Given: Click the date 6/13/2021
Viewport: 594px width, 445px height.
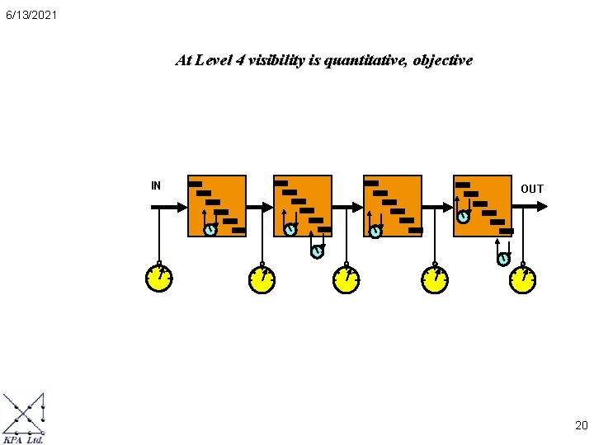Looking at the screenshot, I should [31, 15].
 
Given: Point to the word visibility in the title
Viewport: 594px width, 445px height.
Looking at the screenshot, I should [279, 60].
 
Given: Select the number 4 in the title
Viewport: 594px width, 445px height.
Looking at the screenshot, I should [239, 60].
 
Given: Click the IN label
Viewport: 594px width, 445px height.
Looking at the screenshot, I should [156, 185].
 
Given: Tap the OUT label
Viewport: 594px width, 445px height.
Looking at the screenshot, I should [532, 189].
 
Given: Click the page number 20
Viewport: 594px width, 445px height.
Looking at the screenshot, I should [581, 425].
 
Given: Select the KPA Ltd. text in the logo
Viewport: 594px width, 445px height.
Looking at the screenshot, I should [24, 439].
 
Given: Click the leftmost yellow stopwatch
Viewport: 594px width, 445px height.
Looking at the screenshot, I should [158, 279].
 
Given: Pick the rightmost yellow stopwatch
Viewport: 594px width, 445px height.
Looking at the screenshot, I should [522, 280].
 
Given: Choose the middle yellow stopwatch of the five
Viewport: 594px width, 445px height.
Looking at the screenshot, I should [346, 280].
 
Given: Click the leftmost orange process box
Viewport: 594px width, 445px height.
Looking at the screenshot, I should [217, 205].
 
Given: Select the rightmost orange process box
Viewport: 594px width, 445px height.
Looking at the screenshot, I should [483, 205].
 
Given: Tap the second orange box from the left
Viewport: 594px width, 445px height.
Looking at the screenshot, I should [303, 205].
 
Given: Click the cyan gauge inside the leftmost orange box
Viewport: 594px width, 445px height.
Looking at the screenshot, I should [210, 230].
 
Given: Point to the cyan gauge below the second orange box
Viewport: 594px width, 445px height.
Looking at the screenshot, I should [317, 251].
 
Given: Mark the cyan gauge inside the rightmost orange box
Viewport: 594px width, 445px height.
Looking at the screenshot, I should [464, 218].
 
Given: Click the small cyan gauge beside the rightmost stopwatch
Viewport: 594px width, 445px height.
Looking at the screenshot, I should [503, 259].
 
